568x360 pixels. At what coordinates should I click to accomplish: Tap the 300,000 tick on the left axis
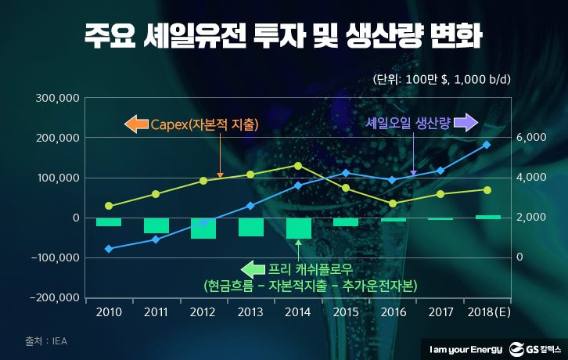click(x=59, y=99)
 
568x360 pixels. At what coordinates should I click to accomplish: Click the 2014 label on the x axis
click(x=298, y=313)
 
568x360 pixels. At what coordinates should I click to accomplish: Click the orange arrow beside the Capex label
click(x=135, y=124)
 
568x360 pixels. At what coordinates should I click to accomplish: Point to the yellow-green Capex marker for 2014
click(x=298, y=165)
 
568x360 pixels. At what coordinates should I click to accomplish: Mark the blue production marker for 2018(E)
click(x=487, y=145)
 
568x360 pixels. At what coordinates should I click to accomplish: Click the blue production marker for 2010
click(x=108, y=249)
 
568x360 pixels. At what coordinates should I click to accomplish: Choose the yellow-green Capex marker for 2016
click(x=393, y=203)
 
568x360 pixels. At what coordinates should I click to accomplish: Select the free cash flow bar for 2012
click(x=203, y=228)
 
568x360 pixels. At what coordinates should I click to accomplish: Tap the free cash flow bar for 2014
click(x=298, y=228)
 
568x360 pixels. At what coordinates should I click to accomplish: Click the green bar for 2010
click(x=108, y=221)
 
